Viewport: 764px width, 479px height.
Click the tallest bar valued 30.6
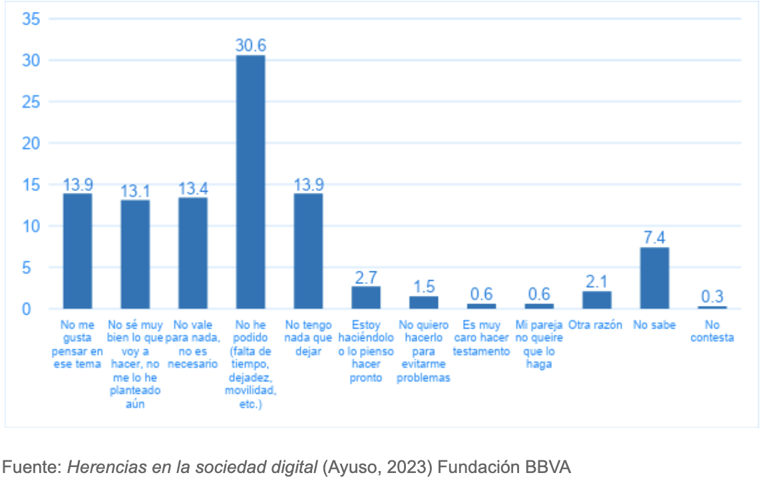click(250, 182)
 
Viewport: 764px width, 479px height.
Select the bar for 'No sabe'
click(654, 278)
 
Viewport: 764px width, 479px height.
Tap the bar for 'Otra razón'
click(596, 300)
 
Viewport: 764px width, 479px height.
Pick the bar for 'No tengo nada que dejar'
click(308, 251)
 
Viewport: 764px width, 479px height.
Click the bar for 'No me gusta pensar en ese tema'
click(77, 251)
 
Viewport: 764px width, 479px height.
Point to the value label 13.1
click(135, 191)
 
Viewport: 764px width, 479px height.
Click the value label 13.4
click(192, 189)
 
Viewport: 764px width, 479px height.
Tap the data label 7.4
click(654, 238)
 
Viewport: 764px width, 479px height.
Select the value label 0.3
click(712, 297)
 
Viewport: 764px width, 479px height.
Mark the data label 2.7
click(366, 277)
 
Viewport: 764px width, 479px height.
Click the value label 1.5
click(423, 287)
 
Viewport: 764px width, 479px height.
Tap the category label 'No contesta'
click(712, 331)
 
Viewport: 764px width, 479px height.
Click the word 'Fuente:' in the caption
click(33, 467)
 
